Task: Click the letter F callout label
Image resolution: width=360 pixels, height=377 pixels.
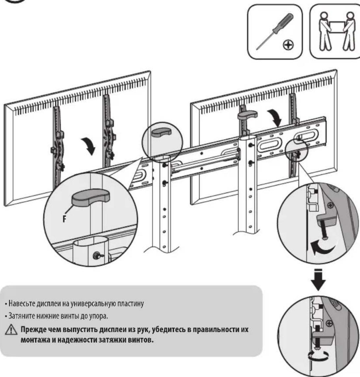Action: click(64, 219)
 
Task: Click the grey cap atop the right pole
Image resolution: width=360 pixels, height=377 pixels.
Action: click(247, 115)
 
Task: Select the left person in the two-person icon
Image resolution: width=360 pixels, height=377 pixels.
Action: click(324, 31)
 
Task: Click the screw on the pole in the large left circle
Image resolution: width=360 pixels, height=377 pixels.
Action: click(98, 255)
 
